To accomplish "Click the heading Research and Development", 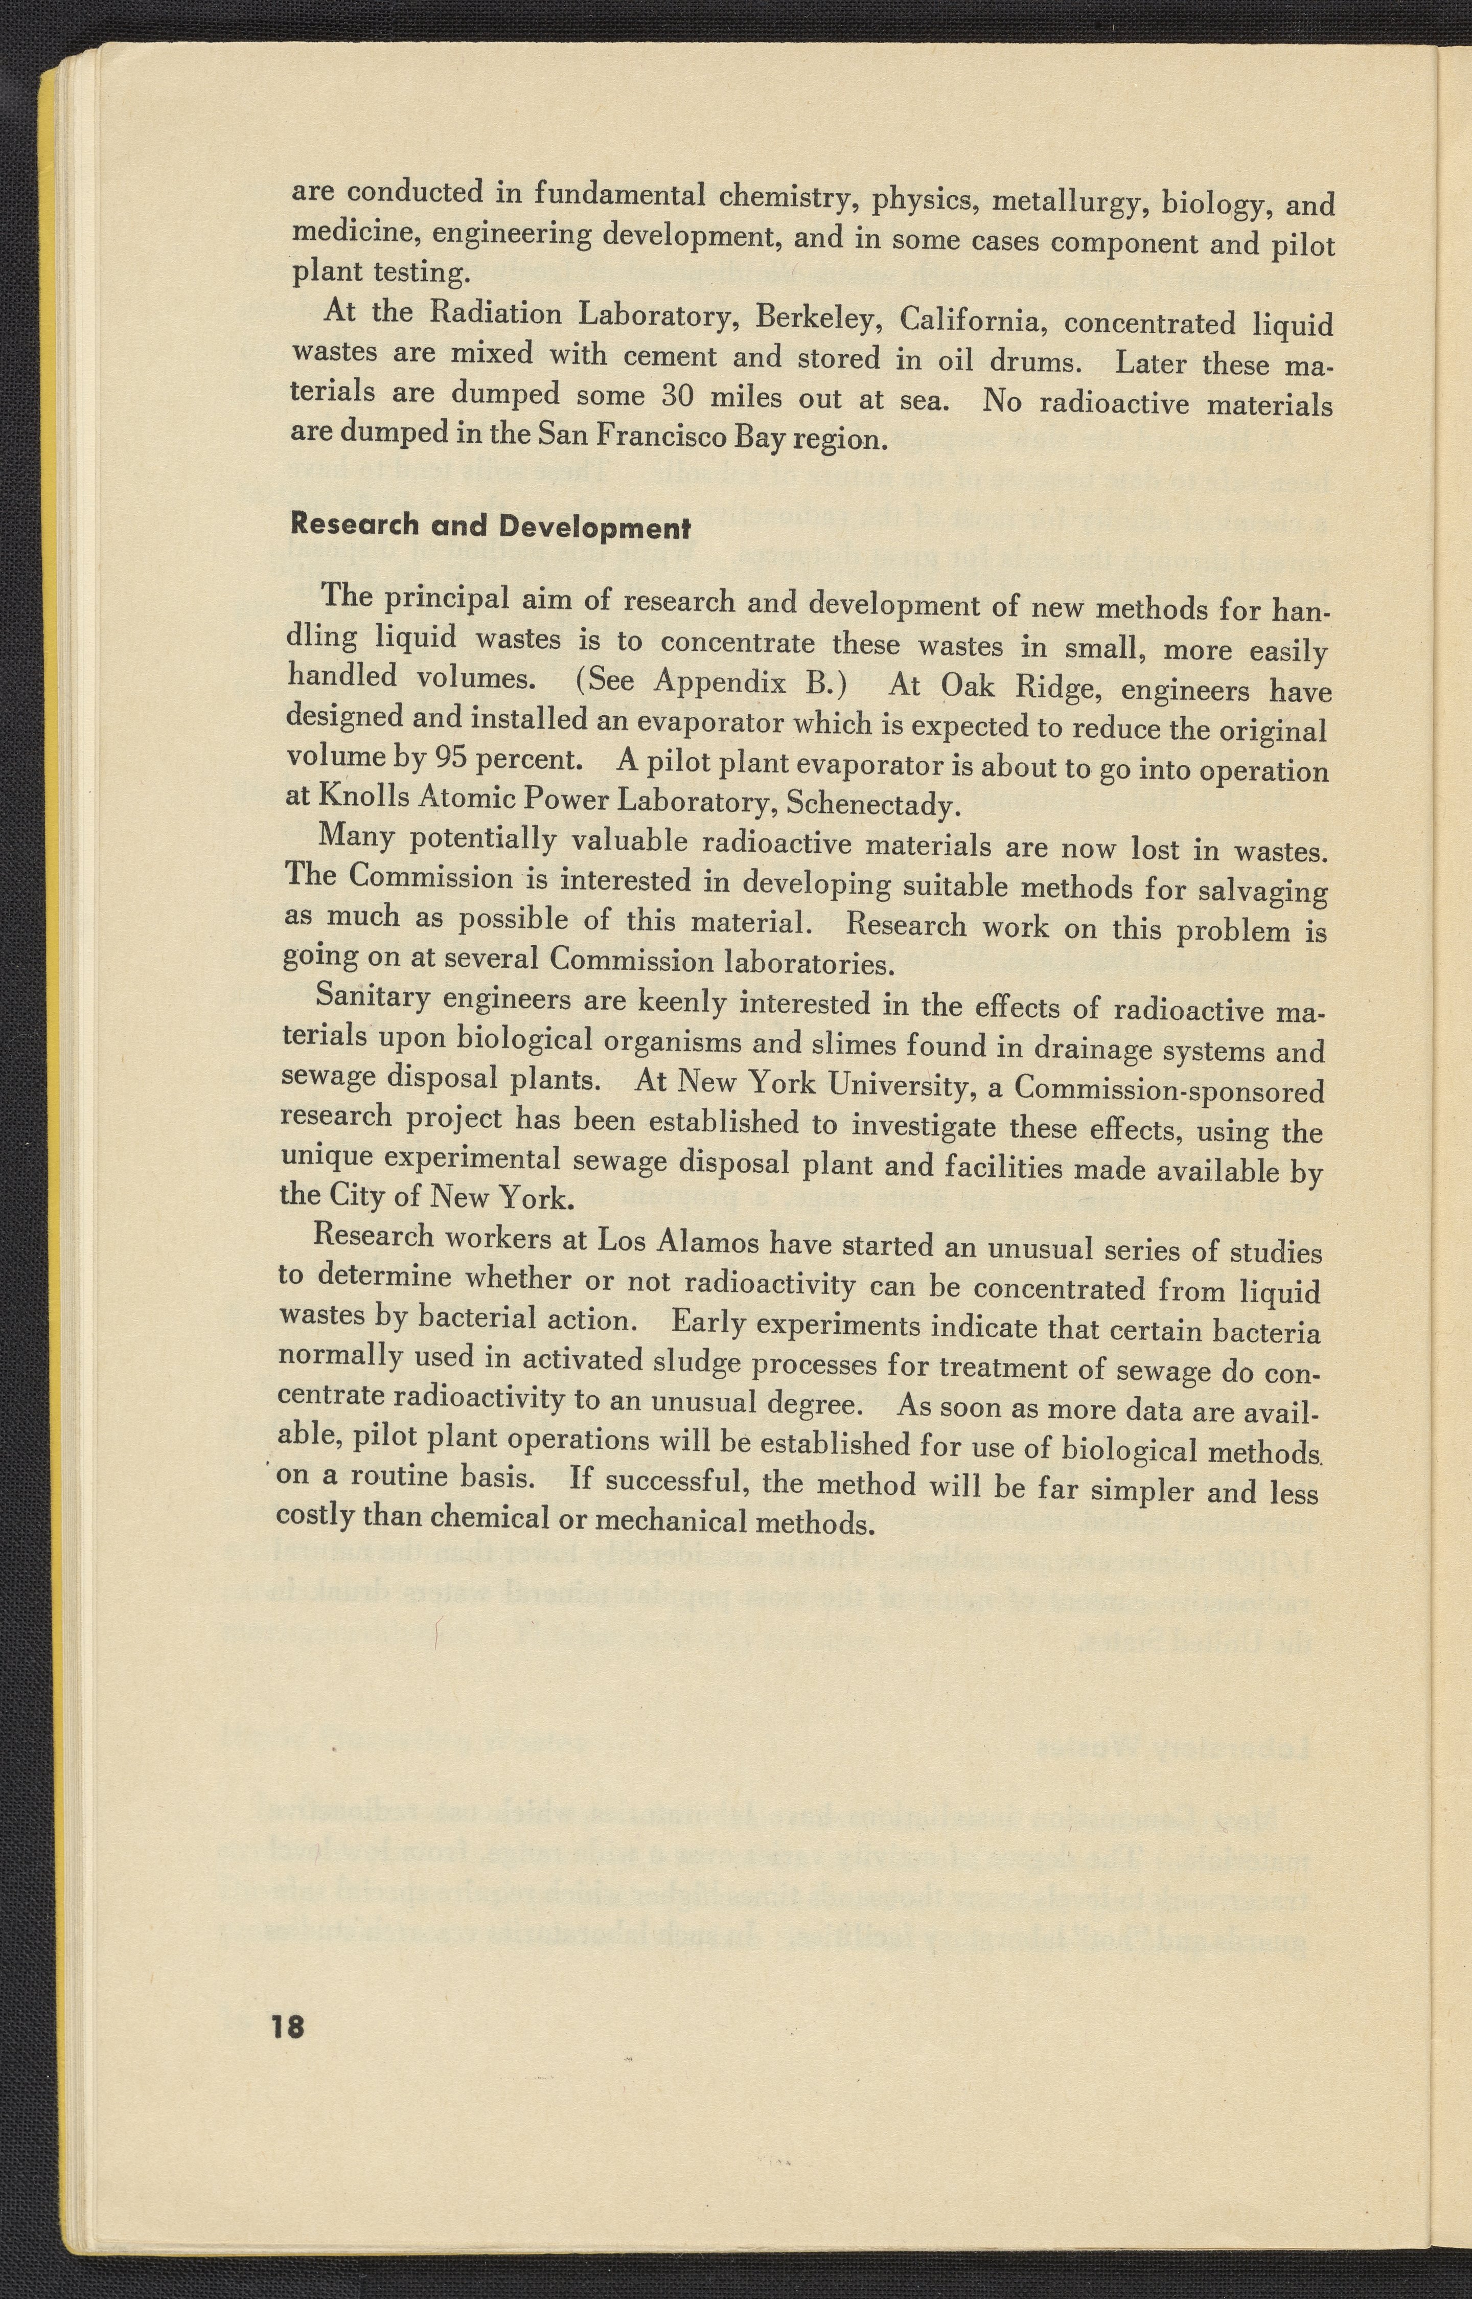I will tap(490, 525).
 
